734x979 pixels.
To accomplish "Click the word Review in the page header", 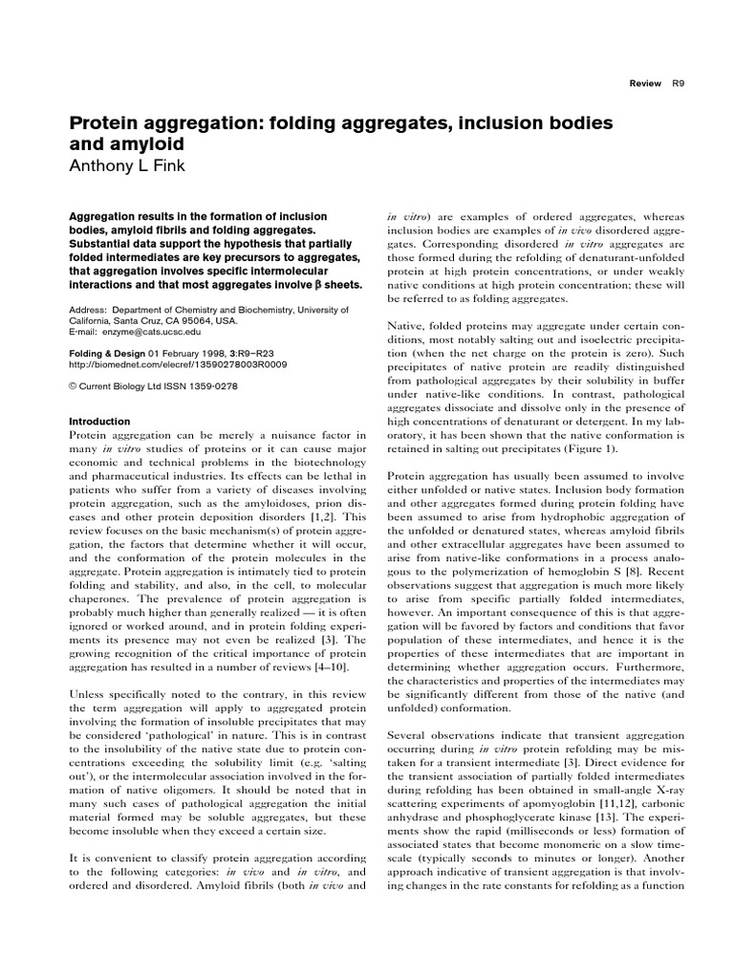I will [x=645, y=83].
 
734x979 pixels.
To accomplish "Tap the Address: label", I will [x=89, y=310].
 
